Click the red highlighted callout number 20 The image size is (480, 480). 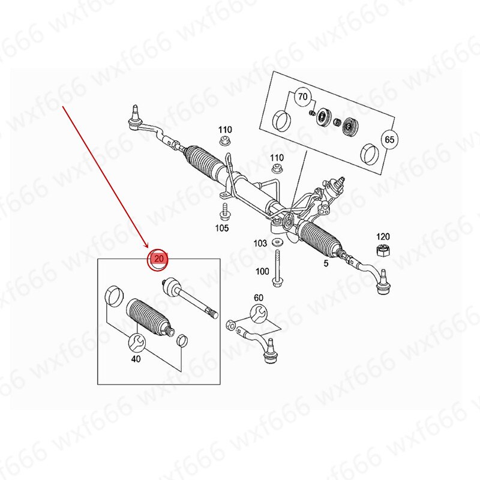(x=159, y=259)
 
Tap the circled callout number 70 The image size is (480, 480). (x=302, y=97)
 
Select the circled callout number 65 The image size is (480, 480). (x=389, y=140)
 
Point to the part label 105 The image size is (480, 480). (x=222, y=228)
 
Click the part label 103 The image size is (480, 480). (x=260, y=244)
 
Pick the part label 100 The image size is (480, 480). (x=262, y=272)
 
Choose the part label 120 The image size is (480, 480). (x=383, y=236)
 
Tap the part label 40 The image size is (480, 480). (x=136, y=358)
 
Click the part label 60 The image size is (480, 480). (x=259, y=298)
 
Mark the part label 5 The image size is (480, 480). (x=326, y=263)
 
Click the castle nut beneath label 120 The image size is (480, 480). (x=383, y=250)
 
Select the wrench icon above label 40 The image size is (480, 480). (x=137, y=342)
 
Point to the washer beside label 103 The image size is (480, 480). (x=277, y=242)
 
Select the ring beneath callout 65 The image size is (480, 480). (x=370, y=155)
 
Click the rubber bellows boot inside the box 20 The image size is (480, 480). (x=148, y=317)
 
